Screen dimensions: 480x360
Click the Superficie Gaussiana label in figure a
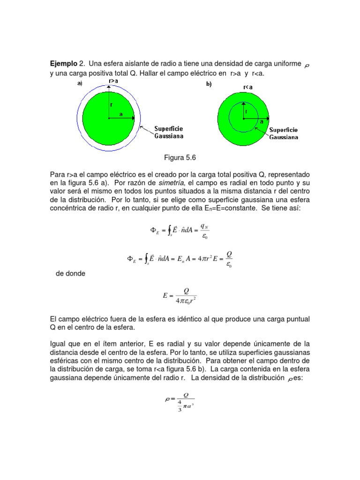pyautogui.click(x=169, y=132)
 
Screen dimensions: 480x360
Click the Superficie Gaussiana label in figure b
pyautogui.click(x=284, y=133)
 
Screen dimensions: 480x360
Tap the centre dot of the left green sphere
pyautogui.click(x=109, y=119)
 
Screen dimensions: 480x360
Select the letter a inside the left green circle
pyautogui.click(x=120, y=114)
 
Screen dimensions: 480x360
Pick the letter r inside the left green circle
pyautogui.click(x=112, y=105)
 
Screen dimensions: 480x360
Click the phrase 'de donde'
pyautogui.click(x=70, y=273)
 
